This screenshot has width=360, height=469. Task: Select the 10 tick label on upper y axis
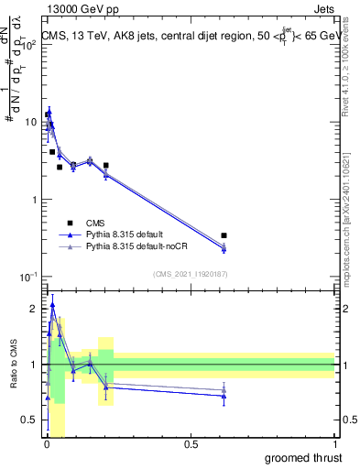pyautogui.click(x=30, y=122)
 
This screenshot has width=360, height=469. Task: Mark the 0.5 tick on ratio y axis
pyautogui.click(x=30, y=420)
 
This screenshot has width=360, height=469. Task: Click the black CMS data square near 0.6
pyautogui.click(x=224, y=235)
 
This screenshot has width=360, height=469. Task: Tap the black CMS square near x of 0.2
pyautogui.click(x=106, y=166)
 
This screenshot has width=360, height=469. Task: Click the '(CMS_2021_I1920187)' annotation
pyautogui.click(x=190, y=274)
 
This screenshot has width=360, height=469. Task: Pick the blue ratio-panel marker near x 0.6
pyautogui.click(x=224, y=396)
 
